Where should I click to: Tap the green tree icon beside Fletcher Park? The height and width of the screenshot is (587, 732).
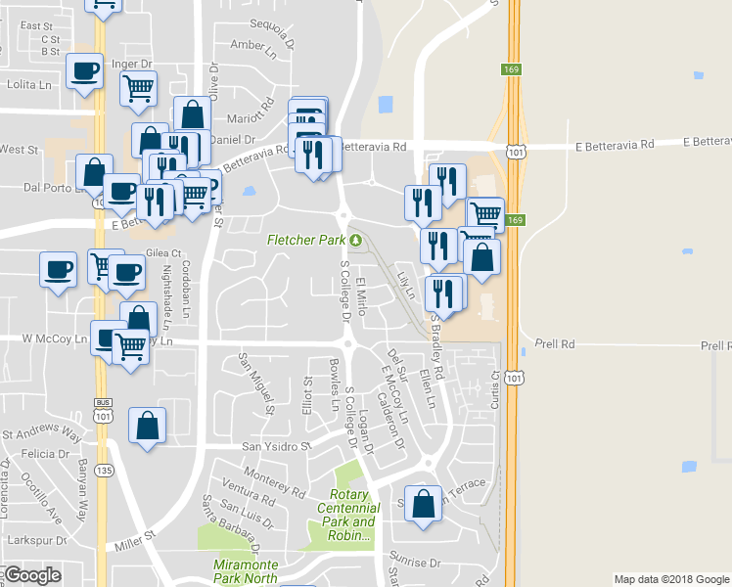355,240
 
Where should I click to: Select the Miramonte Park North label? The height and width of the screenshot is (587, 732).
246,571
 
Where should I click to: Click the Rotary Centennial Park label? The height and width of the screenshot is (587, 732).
348,516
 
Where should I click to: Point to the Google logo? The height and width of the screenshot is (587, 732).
32,575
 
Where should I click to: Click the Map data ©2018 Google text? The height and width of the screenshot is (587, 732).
670,579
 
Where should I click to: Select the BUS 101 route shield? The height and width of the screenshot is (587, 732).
102,407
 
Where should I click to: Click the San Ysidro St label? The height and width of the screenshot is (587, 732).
276,447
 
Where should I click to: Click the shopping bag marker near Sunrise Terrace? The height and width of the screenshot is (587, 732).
423,504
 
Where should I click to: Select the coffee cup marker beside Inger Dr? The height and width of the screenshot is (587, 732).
85,71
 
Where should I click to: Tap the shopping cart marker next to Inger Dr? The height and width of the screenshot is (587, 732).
139,88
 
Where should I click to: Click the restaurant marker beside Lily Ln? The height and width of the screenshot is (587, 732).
444,294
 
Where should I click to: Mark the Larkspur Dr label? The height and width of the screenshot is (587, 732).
33,539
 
